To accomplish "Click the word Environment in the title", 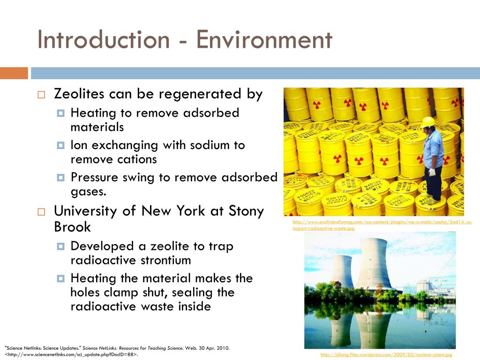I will coord(264,40).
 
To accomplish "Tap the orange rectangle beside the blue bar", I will coord(14,73).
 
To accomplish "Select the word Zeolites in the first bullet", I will coord(80,94).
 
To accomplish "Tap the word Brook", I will coord(73,227).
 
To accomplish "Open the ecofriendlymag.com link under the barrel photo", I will coord(382,225).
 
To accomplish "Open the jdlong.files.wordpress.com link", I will coord(386,355).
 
